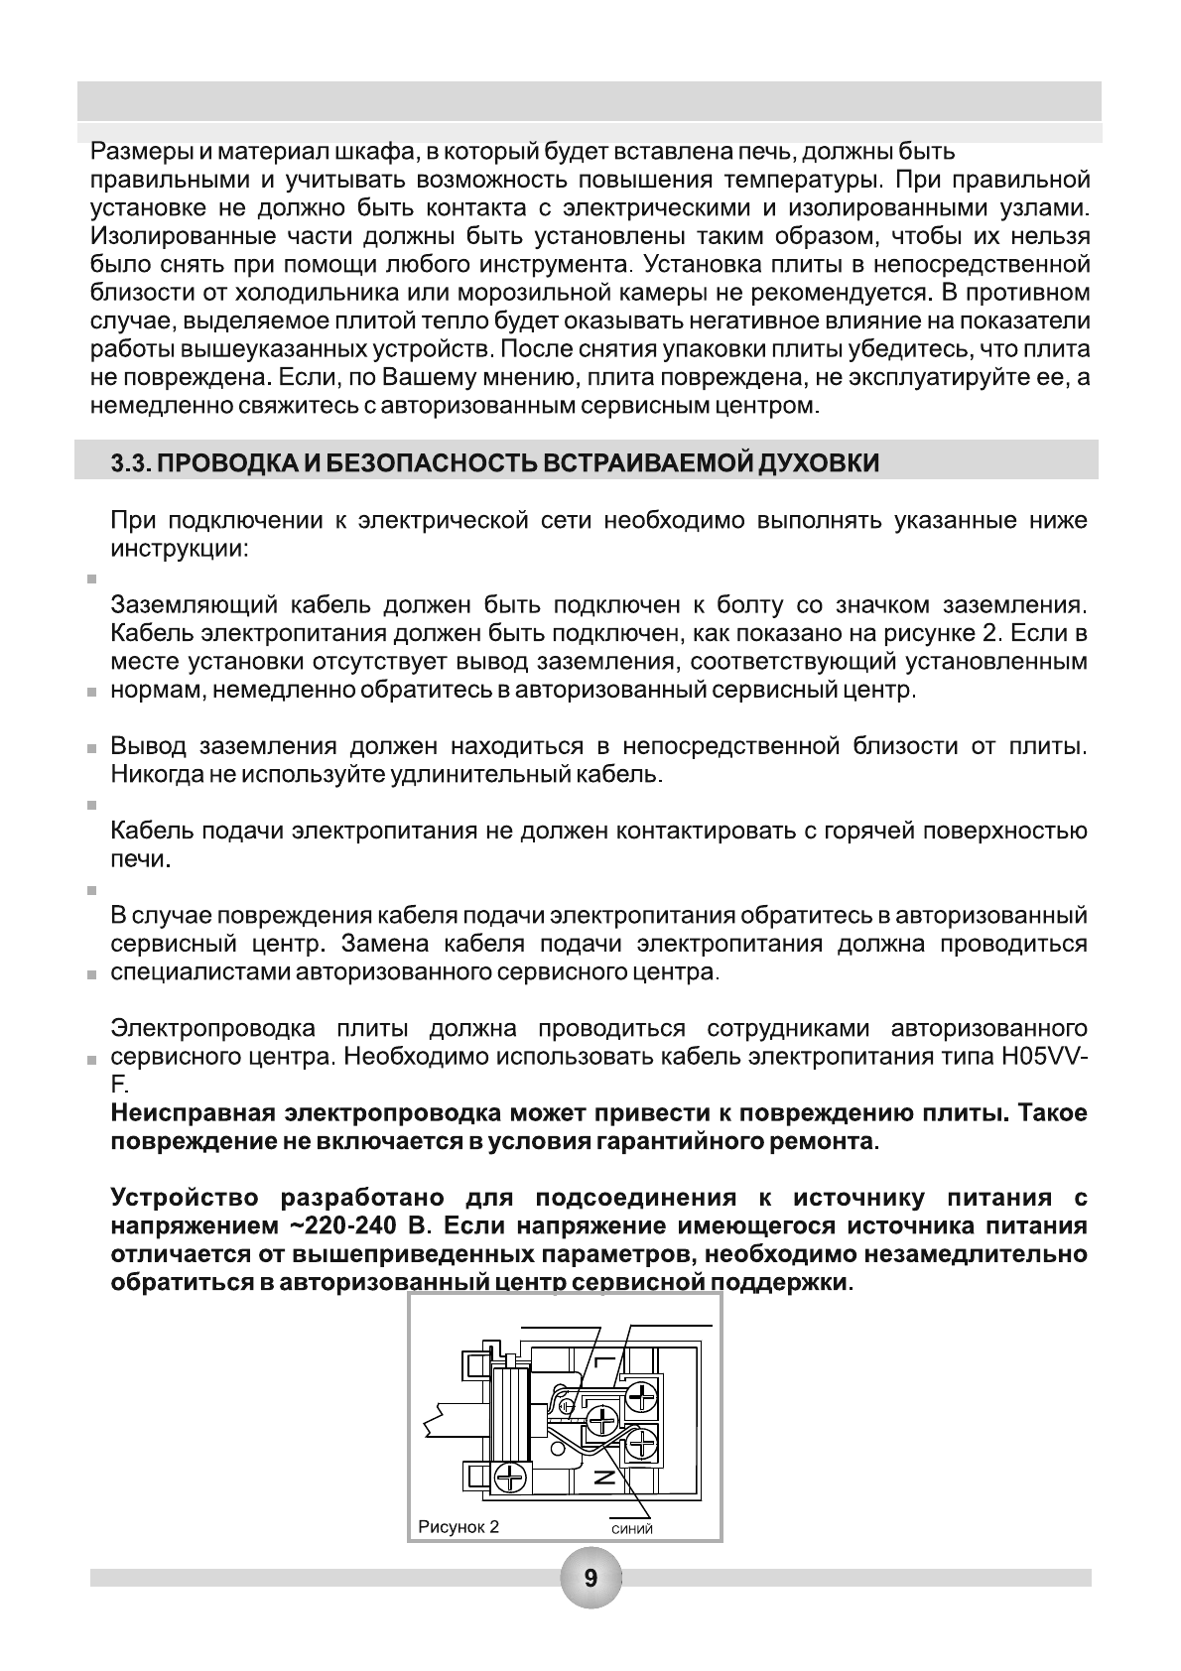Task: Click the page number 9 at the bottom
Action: (590, 1578)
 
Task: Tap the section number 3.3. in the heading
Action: (132, 464)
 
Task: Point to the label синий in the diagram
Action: (631, 1529)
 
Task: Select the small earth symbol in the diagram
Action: (567, 1405)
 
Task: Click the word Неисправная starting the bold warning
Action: (190, 1113)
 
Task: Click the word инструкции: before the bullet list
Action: (180, 549)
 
